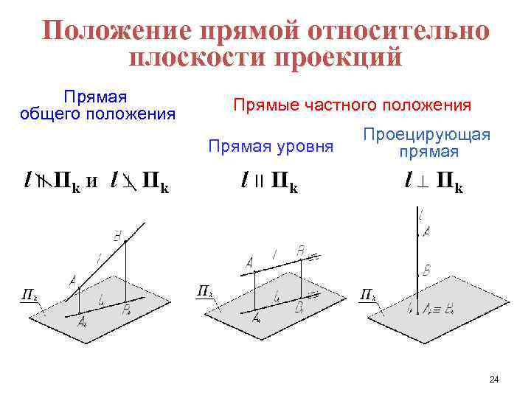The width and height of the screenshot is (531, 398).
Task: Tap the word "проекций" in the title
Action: tap(339, 57)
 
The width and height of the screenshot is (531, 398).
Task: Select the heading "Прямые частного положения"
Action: tap(352, 105)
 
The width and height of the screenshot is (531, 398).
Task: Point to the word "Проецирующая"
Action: tap(427, 136)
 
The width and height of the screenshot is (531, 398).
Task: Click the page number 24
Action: tap(493, 380)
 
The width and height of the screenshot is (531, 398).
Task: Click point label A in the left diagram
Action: tap(72, 280)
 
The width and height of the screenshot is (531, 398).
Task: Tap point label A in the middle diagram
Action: tap(249, 263)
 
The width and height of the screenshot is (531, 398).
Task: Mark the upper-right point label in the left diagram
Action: tap(118, 236)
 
